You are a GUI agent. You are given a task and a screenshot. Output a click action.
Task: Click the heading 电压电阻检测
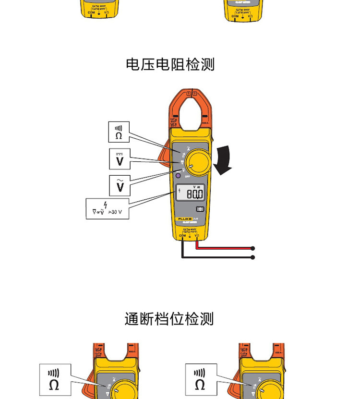tap(170, 64)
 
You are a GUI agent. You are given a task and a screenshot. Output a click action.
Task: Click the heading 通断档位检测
tap(169, 319)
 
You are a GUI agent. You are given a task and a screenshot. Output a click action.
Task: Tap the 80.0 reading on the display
tap(193, 194)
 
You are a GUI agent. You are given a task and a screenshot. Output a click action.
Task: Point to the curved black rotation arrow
tap(223, 161)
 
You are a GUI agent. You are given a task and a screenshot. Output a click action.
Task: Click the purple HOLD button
tap(179, 176)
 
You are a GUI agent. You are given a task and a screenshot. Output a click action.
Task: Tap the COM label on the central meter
tap(182, 236)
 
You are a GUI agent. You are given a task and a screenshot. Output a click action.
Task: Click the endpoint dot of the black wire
tap(253, 257)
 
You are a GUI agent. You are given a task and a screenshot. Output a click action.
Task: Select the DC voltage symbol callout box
tap(119, 159)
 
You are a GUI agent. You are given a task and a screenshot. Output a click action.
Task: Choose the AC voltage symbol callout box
tap(119, 185)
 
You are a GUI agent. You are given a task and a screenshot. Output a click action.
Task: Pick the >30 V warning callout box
tap(108, 209)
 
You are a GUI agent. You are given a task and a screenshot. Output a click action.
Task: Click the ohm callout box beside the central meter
tap(119, 132)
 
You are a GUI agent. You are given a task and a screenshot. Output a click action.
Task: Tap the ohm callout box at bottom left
tap(55, 380)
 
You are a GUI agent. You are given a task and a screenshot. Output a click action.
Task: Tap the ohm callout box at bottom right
tap(201, 380)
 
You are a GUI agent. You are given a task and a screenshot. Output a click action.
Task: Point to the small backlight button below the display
tap(200, 209)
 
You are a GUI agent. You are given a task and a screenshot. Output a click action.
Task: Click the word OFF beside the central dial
tap(187, 177)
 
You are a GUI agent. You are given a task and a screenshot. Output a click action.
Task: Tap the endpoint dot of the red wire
tap(253, 248)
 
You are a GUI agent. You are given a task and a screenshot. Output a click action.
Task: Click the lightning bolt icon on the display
tap(180, 191)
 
